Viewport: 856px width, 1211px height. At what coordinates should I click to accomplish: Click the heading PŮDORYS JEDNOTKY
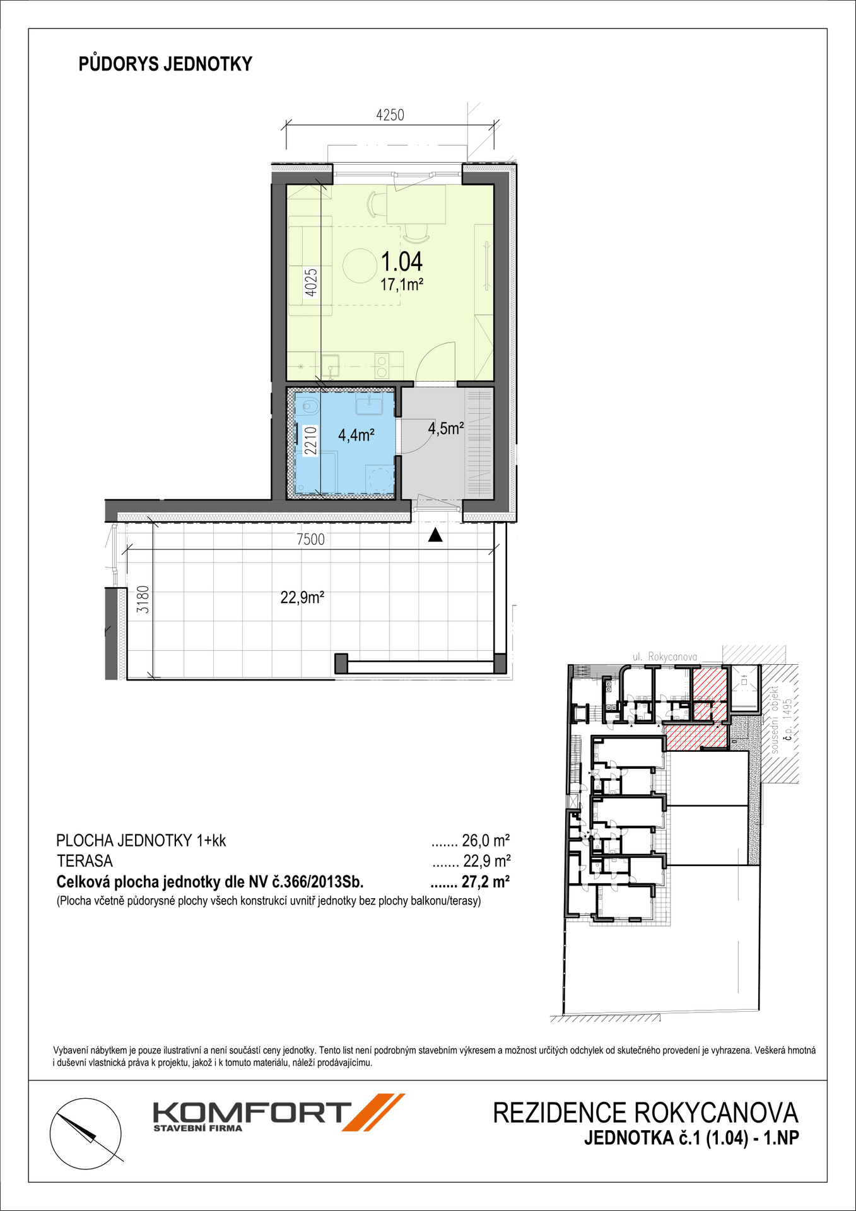click(x=165, y=64)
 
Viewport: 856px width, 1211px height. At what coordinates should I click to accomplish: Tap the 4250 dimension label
click(x=390, y=115)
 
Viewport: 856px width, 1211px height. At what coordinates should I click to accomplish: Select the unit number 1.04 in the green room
click(x=402, y=261)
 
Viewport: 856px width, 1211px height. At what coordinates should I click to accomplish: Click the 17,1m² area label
click(x=401, y=285)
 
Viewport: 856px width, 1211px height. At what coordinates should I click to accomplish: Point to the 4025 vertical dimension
click(x=311, y=282)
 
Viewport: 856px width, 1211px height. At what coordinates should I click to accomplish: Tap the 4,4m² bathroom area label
click(x=356, y=435)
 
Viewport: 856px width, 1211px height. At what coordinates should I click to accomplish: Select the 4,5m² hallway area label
click(x=446, y=429)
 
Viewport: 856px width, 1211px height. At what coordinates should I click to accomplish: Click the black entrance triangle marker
click(x=435, y=535)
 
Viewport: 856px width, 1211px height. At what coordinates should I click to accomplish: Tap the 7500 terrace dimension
click(x=310, y=540)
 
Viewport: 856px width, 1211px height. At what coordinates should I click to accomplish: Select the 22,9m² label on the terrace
click(x=302, y=597)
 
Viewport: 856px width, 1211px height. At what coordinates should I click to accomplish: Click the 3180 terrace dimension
click(x=143, y=599)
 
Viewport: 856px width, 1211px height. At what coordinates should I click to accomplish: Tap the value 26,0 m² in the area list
click(x=486, y=841)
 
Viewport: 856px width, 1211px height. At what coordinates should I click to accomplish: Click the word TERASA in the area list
click(x=85, y=861)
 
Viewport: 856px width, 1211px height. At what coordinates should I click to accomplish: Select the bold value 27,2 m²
click(x=486, y=882)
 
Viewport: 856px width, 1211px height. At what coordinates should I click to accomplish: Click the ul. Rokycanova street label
click(x=665, y=657)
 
